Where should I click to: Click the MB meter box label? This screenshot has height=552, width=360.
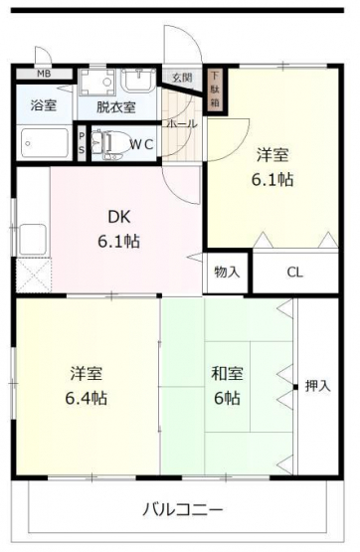(44, 74)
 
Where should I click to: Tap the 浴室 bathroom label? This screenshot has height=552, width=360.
(44, 105)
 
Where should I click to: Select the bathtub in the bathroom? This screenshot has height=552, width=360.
(45, 143)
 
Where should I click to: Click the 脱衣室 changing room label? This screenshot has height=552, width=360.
(116, 106)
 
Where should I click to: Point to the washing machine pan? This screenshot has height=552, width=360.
(97, 83)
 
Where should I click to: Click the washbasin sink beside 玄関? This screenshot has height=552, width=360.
(138, 81)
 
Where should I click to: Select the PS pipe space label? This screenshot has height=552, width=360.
(82, 143)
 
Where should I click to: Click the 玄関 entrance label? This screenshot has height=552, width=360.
(182, 78)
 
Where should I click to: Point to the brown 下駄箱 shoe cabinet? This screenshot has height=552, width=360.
(215, 90)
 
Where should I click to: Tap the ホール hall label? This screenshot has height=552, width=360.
(181, 124)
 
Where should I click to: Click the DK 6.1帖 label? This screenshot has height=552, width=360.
(118, 229)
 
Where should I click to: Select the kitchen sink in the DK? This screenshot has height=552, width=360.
(33, 240)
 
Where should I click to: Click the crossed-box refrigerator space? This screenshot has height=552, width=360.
(34, 275)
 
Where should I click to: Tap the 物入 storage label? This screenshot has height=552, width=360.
(227, 272)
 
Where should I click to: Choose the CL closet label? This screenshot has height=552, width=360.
(295, 273)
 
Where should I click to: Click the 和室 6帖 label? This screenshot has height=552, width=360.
(227, 386)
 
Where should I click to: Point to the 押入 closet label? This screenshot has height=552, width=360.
(318, 386)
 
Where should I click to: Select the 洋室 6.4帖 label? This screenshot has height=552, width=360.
(87, 386)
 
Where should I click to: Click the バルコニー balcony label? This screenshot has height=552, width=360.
(183, 509)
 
